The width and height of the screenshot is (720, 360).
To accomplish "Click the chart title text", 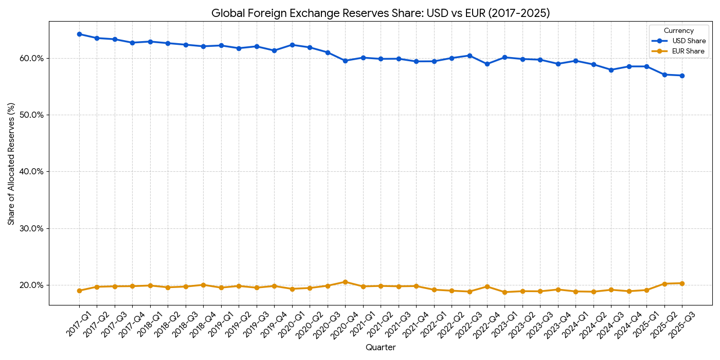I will click(x=381, y=13).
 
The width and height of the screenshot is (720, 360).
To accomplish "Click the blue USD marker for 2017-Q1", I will click(x=79, y=34).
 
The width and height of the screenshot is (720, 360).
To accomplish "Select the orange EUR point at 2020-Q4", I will click(x=345, y=282).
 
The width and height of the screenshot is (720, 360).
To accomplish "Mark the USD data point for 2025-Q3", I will click(x=682, y=76).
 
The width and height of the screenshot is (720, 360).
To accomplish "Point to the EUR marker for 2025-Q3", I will click(x=682, y=283).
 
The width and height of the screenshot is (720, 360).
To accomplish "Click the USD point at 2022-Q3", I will click(x=469, y=56).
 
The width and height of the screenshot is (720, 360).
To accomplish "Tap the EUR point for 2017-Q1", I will click(x=79, y=291).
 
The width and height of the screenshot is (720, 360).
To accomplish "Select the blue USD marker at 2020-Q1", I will click(x=292, y=45).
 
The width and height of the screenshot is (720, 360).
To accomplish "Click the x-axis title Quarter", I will click(x=381, y=348).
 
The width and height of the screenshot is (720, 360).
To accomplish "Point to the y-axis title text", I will click(x=11, y=164).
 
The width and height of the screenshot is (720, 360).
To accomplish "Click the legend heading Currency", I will click(x=678, y=31).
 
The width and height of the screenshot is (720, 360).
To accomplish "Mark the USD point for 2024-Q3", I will click(x=611, y=70).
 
